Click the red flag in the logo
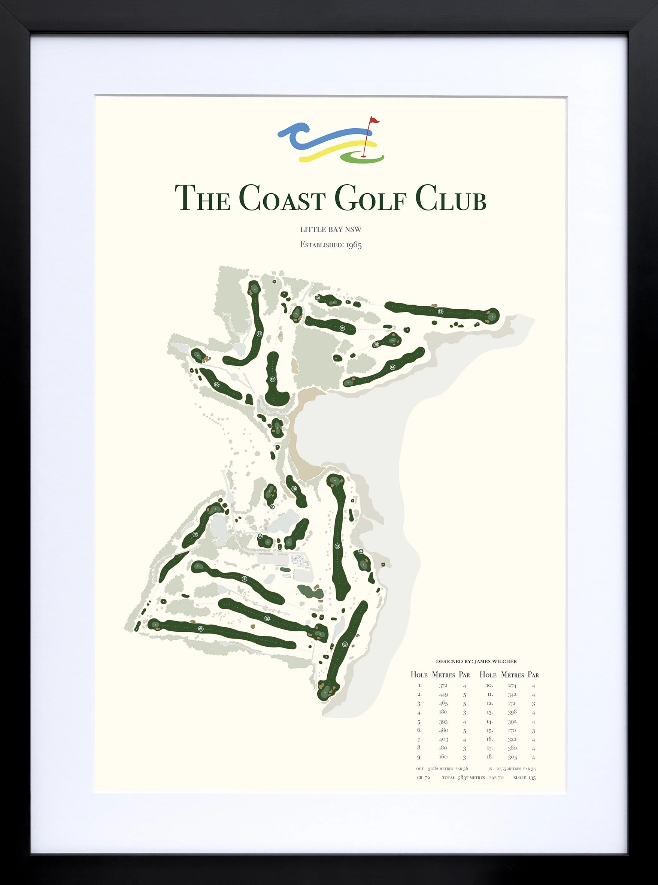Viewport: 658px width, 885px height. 374,120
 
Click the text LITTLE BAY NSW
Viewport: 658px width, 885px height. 331,230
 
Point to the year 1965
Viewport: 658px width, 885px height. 353,245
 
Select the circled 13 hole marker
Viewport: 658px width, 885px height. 440,311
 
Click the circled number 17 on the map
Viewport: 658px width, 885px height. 273,379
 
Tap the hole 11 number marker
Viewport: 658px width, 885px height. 259,334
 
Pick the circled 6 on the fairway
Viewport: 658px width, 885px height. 200,629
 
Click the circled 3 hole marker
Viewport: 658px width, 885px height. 337,546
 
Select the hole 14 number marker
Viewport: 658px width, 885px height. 392,367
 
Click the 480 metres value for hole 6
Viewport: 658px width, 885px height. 443,730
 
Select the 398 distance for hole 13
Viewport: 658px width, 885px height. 512,712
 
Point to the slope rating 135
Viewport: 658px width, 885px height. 532,777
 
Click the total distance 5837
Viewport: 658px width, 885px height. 463,777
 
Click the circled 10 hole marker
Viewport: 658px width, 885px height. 217,384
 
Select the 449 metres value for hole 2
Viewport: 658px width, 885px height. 443,695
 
